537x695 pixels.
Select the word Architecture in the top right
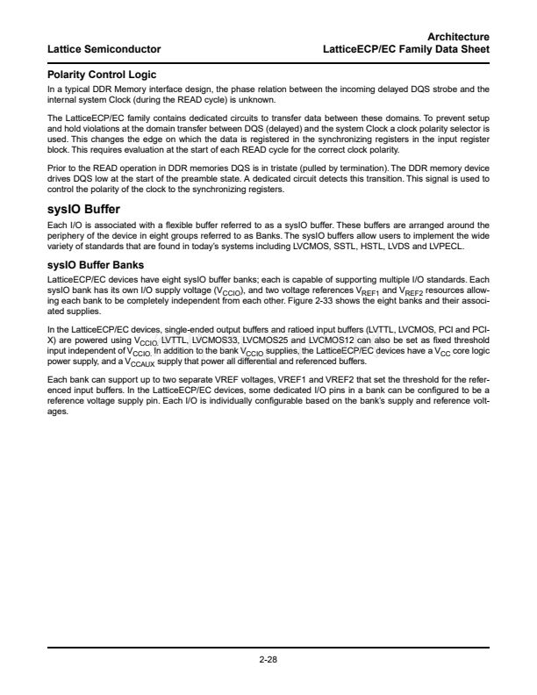point(458,36)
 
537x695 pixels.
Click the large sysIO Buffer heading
point(87,211)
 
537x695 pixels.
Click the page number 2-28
point(268,661)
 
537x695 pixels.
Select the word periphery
point(65,234)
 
